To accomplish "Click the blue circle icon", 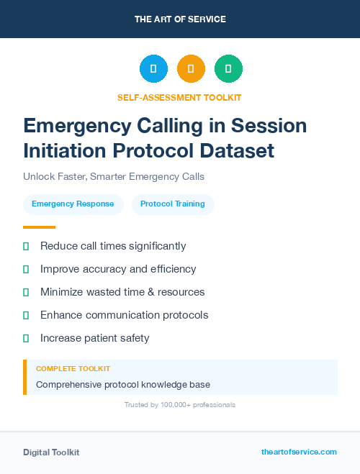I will [x=153, y=69].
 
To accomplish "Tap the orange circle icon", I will [x=191, y=69].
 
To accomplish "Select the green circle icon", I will [x=228, y=69].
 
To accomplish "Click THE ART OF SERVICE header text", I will [x=180, y=19].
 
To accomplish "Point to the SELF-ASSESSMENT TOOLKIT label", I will [x=179, y=97].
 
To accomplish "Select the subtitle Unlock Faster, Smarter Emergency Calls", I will [x=114, y=176].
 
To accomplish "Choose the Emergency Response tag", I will [x=73, y=204].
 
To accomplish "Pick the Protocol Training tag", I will [x=173, y=204].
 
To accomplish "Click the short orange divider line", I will [x=39, y=227].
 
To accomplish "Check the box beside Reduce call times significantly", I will [x=26, y=246].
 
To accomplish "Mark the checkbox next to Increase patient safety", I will [x=26, y=338].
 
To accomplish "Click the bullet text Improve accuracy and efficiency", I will [x=118, y=269].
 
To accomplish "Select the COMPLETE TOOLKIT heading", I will [x=73, y=368].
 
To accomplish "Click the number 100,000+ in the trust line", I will [x=172, y=405].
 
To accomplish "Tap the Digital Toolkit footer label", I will [x=51, y=452].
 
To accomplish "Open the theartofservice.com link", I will [x=299, y=452].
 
